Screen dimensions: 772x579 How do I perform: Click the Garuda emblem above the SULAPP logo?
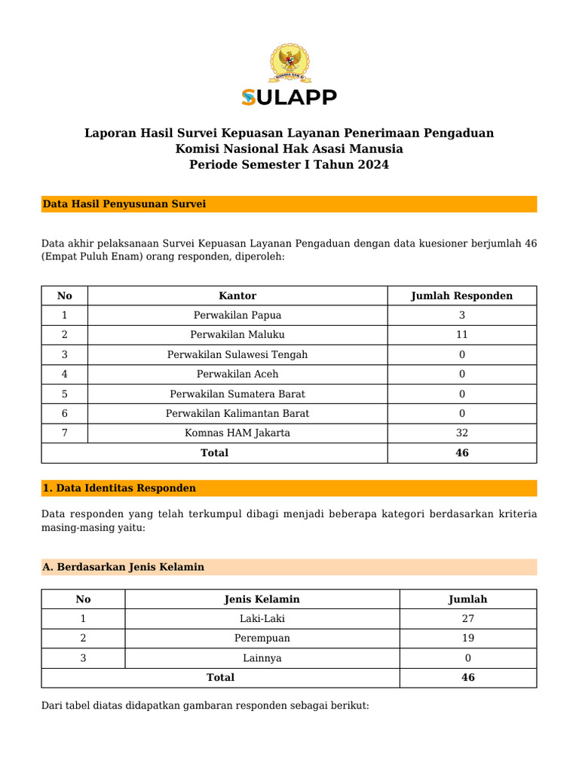[x=289, y=64]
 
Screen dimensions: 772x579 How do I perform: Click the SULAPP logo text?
[x=289, y=97]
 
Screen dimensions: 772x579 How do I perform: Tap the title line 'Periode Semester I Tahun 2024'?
[x=289, y=164]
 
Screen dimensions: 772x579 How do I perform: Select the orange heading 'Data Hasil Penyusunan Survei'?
[x=124, y=204]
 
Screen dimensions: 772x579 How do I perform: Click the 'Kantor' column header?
[x=237, y=296]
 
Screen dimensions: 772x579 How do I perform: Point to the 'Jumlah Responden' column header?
[x=461, y=296]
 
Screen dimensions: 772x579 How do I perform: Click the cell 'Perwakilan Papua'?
[x=237, y=315]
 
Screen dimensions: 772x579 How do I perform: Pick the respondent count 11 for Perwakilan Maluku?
[x=461, y=335]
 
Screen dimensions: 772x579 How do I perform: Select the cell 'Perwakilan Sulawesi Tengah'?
[x=237, y=354]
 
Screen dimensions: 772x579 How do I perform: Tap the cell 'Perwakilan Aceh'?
[x=237, y=374]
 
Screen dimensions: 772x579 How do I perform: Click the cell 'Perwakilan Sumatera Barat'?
[x=237, y=394]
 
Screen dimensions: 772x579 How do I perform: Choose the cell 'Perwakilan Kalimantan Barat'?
[x=237, y=413]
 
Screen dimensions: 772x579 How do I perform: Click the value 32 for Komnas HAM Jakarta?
[x=461, y=433]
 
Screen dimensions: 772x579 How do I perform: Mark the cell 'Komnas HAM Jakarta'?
[x=237, y=433]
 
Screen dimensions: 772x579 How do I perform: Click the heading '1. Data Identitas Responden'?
[x=119, y=489]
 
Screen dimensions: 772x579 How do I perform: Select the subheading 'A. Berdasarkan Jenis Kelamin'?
[x=124, y=567]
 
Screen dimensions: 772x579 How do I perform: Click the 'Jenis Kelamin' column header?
[x=262, y=599]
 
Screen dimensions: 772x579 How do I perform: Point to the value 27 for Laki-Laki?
[x=467, y=619]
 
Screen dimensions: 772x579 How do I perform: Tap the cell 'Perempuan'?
[x=262, y=639]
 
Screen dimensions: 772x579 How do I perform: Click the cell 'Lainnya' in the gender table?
[x=262, y=658]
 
